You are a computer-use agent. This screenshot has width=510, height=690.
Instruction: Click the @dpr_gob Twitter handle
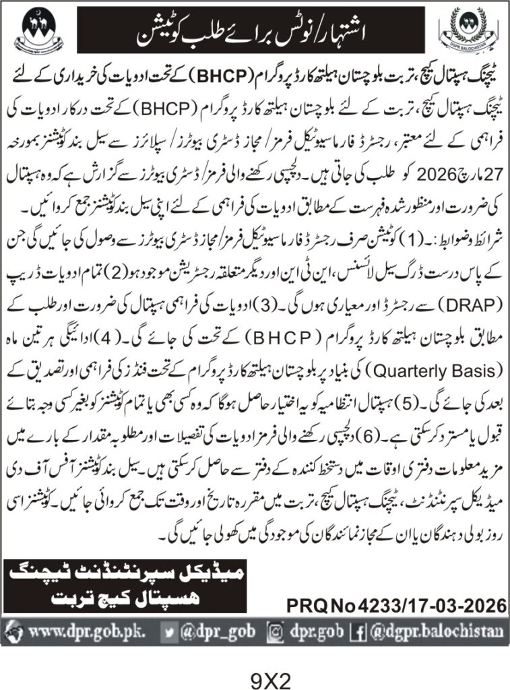(210, 632)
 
